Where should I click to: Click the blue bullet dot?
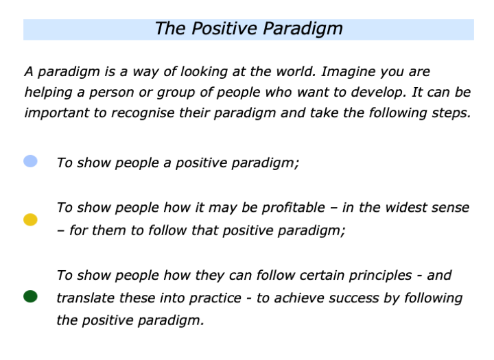pyautogui.click(x=30, y=162)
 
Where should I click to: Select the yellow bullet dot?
pyautogui.click(x=30, y=219)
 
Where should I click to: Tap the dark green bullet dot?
pyautogui.click(x=30, y=296)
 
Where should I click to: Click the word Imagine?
pyautogui.click(x=348, y=71)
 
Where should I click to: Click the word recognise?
pyautogui.click(x=139, y=113)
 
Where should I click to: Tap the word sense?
pyautogui.click(x=451, y=207)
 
